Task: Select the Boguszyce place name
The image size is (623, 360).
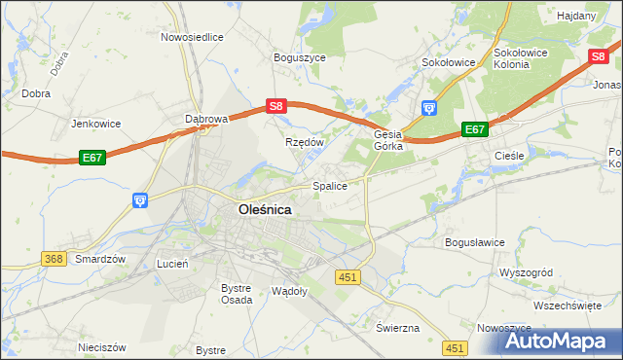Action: [300, 57]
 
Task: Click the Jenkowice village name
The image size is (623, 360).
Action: [94, 124]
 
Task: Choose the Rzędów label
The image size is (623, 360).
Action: [304, 141]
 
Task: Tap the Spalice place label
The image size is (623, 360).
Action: [329, 185]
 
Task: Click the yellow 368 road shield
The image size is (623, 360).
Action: [55, 259]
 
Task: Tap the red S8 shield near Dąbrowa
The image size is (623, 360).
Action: [276, 106]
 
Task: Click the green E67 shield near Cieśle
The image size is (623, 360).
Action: [474, 129]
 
